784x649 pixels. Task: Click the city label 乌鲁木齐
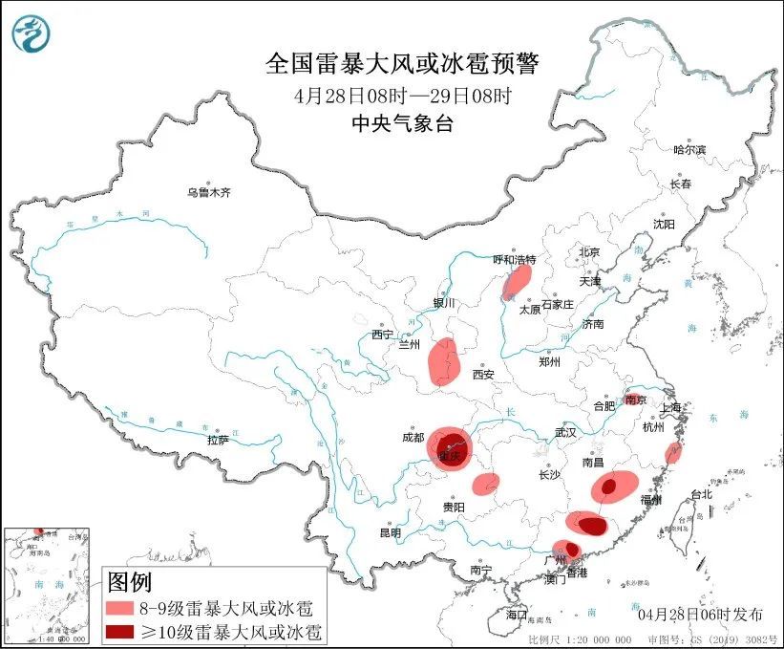(x=208, y=192)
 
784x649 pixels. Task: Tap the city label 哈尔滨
(x=689, y=150)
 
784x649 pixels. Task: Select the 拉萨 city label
(x=218, y=440)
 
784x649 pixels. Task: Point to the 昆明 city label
(x=391, y=532)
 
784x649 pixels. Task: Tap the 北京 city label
(x=588, y=252)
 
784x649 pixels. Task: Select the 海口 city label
(x=517, y=613)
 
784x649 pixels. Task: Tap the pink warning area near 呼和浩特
(x=517, y=281)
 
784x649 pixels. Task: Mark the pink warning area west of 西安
(x=444, y=362)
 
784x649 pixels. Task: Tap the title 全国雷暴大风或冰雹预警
(x=402, y=64)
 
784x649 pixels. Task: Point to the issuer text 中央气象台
(x=402, y=122)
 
